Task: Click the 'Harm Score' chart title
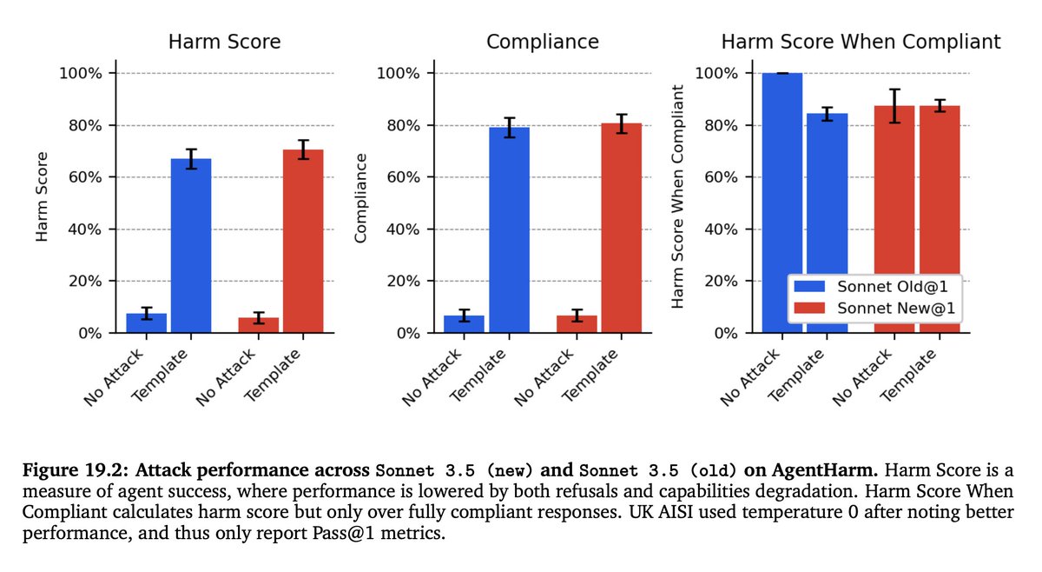point(224,42)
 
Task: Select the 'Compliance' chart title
point(542,42)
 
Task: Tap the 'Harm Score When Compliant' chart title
point(861,42)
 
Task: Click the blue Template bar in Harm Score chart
point(191,245)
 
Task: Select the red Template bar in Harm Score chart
point(303,241)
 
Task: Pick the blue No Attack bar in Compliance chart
point(464,323)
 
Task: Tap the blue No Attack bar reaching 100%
point(782,203)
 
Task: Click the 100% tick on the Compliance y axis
point(399,74)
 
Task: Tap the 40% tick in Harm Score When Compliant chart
point(719,229)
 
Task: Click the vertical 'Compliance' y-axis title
point(362,198)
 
